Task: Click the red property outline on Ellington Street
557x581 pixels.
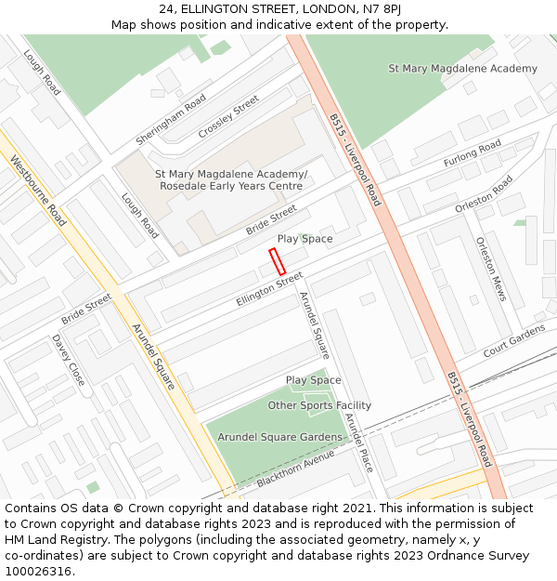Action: [x=277, y=261]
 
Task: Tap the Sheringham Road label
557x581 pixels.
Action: [x=171, y=120]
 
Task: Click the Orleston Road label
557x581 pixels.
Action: [x=484, y=195]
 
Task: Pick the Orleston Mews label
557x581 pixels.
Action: [x=491, y=268]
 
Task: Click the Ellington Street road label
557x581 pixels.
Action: [x=269, y=289]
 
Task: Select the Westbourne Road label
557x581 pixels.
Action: [x=38, y=191]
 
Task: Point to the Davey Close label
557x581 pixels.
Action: [x=68, y=361]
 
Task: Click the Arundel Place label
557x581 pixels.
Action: [x=358, y=442]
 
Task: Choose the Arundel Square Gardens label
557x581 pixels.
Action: [x=280, y=437]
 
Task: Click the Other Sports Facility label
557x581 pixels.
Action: [x=319, y=405]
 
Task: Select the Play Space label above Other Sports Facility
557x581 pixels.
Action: [x=313, y=380]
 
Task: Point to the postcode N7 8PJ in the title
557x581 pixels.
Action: [x=383, y=9]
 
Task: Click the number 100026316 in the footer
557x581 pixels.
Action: [x=38, y=572]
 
